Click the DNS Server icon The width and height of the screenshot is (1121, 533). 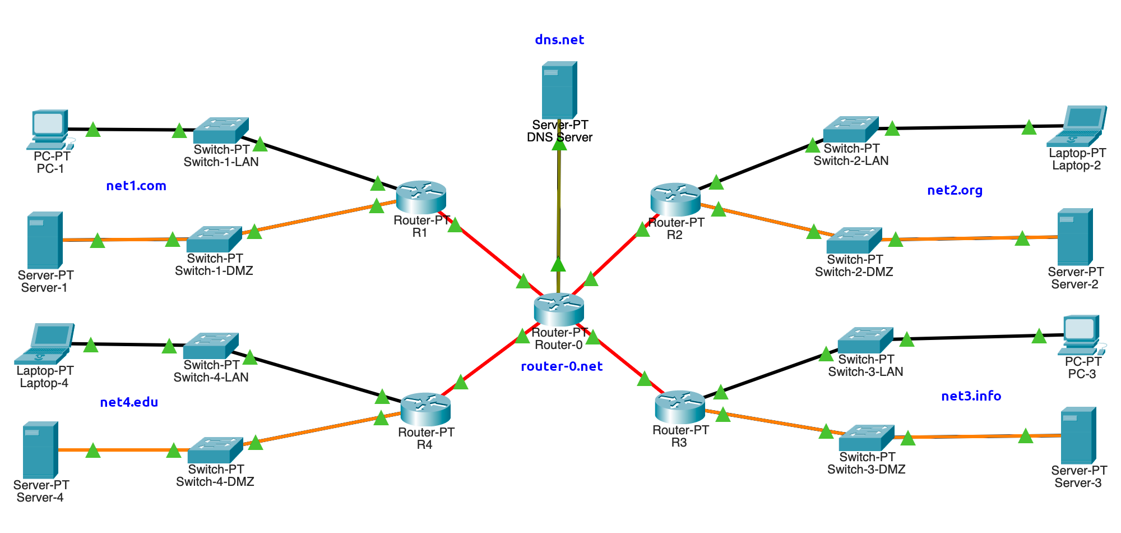pos(559,90)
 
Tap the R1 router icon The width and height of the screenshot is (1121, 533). pos(421,197)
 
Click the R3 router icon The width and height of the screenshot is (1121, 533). pos(680,407)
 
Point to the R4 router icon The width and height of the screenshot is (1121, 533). pos(425,409)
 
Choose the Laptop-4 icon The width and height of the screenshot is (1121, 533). pos(45,343)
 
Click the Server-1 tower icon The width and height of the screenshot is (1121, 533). pos(44,240)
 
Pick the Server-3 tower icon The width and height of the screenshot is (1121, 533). pos(1078,435)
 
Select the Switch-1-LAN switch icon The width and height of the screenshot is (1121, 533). pos(221,130)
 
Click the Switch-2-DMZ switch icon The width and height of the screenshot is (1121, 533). pos(854,240)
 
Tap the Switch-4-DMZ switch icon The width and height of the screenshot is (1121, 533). pos(215,450)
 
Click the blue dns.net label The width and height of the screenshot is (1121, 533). pos(559,40)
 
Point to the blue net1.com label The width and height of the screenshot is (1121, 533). pos(136,186)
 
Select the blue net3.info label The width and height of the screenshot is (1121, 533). pos(971,396)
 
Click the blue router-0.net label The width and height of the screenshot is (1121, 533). pos(562,366)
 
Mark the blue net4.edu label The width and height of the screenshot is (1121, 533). pos(129,402)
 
